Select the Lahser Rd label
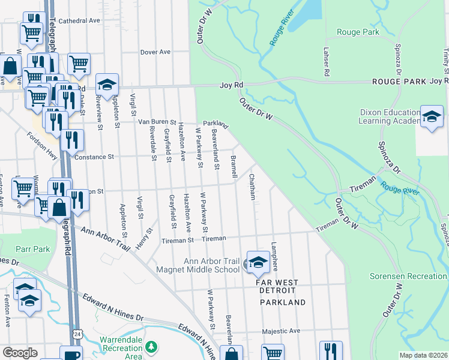327,62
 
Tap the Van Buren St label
157,122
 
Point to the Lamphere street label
274,255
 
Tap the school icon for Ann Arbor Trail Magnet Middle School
258,262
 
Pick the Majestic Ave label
280,331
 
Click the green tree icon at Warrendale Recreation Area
152,347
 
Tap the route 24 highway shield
77,332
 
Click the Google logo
20,353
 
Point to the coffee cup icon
71,355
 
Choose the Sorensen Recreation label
414,276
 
